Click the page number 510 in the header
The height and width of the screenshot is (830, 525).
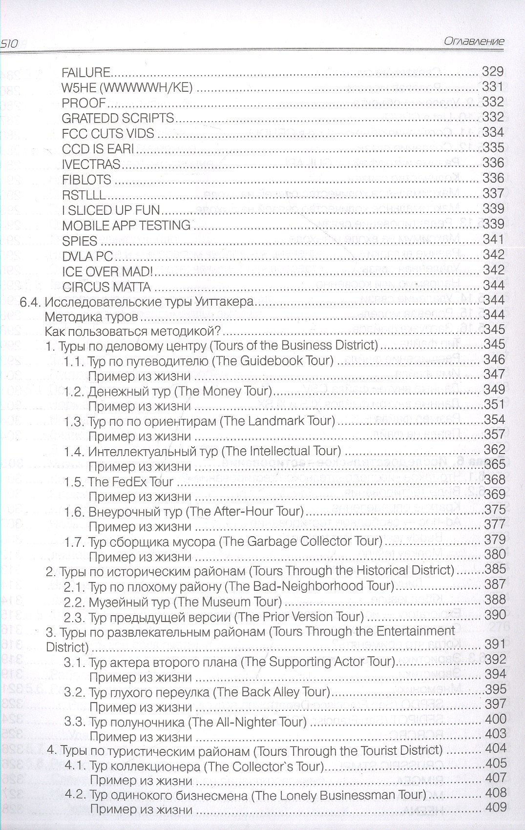coord(9,43)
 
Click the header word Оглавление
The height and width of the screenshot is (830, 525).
coord(474,41)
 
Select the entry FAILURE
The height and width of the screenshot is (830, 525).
coord(86,73)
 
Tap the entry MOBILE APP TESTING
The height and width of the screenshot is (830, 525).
coord(126,226)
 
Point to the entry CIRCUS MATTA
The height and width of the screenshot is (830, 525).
coord(106,287)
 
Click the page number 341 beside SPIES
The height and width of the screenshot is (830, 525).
coord(493,239)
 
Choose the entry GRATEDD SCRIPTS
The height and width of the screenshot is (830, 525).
coord(118,118)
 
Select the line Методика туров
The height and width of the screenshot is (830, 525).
coord(91,316)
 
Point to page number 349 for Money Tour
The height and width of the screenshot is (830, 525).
coord(494,390)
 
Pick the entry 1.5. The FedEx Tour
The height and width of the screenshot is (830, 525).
coord(119,482)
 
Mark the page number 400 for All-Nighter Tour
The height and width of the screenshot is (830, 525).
coord(495,719)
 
